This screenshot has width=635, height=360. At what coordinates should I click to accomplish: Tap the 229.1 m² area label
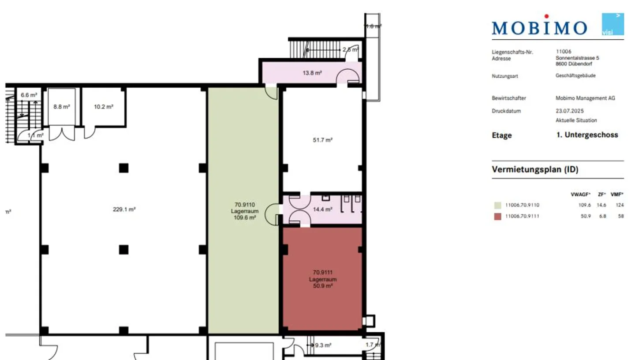[124, 210]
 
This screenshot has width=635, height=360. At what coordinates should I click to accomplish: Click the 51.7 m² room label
[322, 140]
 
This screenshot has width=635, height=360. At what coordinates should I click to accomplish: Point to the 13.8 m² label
[312, 72]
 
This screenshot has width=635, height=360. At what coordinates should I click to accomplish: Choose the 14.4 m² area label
[322, 210]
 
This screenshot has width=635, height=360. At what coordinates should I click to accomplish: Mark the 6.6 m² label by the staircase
[29, 94]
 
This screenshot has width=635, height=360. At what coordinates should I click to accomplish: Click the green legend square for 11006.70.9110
[497, 205]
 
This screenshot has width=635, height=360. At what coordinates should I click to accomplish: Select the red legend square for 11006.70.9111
[497, 216]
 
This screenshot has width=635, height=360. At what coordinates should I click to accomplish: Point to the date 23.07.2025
[570, 111]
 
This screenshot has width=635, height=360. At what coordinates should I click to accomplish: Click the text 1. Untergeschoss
[587, 135]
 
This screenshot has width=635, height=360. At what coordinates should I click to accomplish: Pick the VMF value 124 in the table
[620, 205]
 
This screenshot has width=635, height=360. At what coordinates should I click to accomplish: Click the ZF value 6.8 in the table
[603, 216]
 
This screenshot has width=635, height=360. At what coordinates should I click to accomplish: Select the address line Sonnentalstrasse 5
[577, 58]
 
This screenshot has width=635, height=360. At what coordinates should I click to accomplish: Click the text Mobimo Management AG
[585, 98]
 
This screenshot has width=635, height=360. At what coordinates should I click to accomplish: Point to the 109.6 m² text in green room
[245, 217]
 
